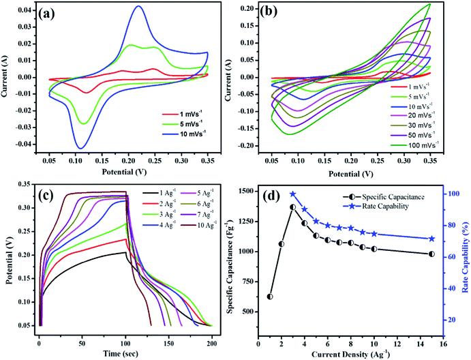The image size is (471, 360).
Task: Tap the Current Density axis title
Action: coord(350,352)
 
